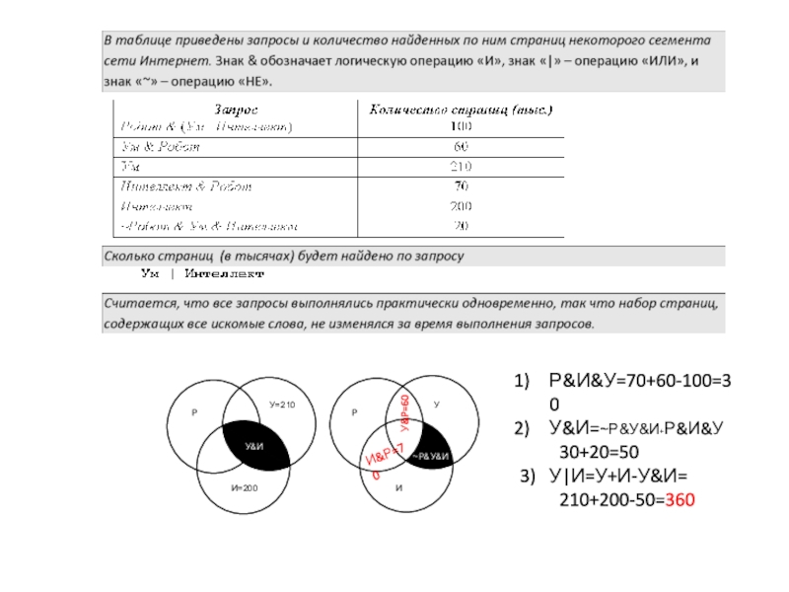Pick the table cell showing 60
tap(461, 146)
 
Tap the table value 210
tap(461, 165)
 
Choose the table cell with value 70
tap(461, 185)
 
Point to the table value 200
tap(461, 205)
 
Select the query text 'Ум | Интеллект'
tap(203, 273)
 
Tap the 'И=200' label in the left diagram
tap(244, 488)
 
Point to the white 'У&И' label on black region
tap(254, 448)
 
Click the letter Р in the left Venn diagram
tap(194, 413)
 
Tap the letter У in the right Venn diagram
tap(436, 405)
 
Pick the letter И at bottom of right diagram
tap(398, 488)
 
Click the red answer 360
tap(680, 500)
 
